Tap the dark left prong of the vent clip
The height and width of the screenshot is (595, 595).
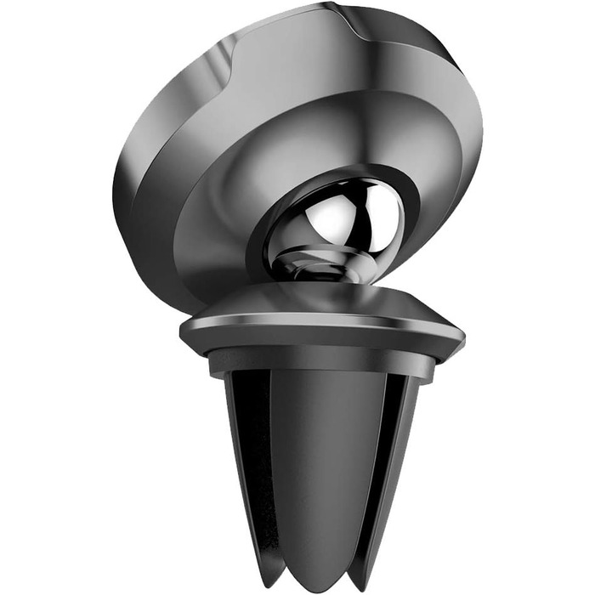(x=246, y=450)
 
